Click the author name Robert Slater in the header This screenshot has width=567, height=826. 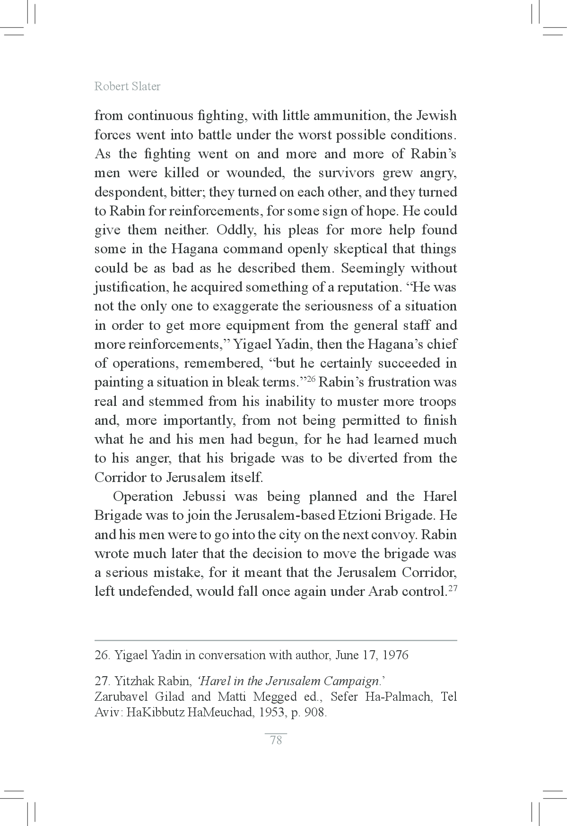pyautogui.click(x=127, y=86)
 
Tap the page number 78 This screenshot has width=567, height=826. pyautogui.click(x=276, y=740)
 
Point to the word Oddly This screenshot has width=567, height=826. pyautogui.click(x=232, y=231)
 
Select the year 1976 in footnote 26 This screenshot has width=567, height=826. pyautogui.click(x=395, y=655)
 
